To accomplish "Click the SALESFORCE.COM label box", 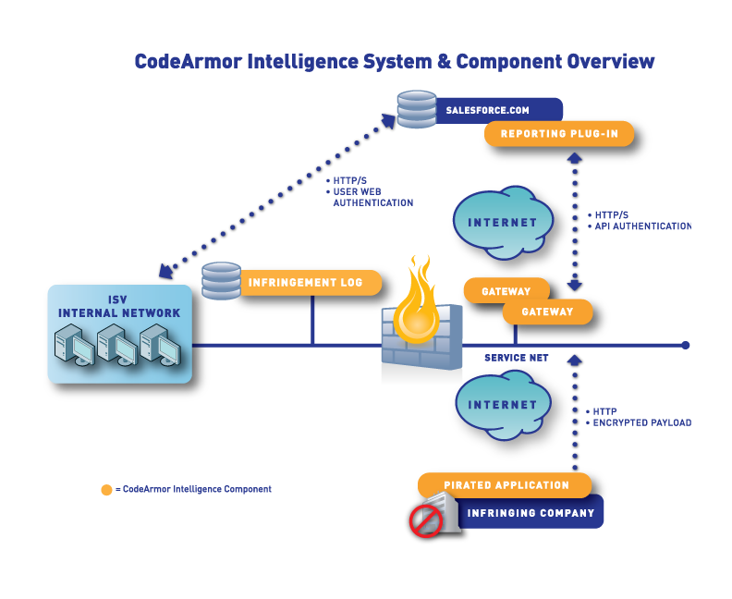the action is tap(498, 111).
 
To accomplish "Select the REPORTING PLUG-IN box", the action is tap(559, 134).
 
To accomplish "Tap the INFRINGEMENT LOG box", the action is tap(311, 283).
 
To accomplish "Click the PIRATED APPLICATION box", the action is tap(506, 485).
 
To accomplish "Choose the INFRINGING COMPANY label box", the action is tap(531, 513).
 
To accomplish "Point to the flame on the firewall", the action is tap(417, 301).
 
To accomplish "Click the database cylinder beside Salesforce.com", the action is tap(417, 109).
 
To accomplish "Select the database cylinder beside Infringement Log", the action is tap(221, 281).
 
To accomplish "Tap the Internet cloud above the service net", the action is tap(503, 223).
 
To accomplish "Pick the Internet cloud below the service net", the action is tap(503, 405).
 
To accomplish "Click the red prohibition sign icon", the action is tap(426, 520).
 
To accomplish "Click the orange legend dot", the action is tap(106, 490).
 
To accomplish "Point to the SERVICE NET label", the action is tap(517, 358).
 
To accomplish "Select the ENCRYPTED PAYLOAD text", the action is tap(642, 423).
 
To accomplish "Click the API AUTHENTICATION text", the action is tap(643, 226).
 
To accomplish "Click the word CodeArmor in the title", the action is tap(189, 62).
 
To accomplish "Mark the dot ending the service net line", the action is tap(685, 346).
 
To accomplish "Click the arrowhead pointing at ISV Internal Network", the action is tap(165, 271).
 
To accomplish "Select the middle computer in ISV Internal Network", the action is tap(116, 346).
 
